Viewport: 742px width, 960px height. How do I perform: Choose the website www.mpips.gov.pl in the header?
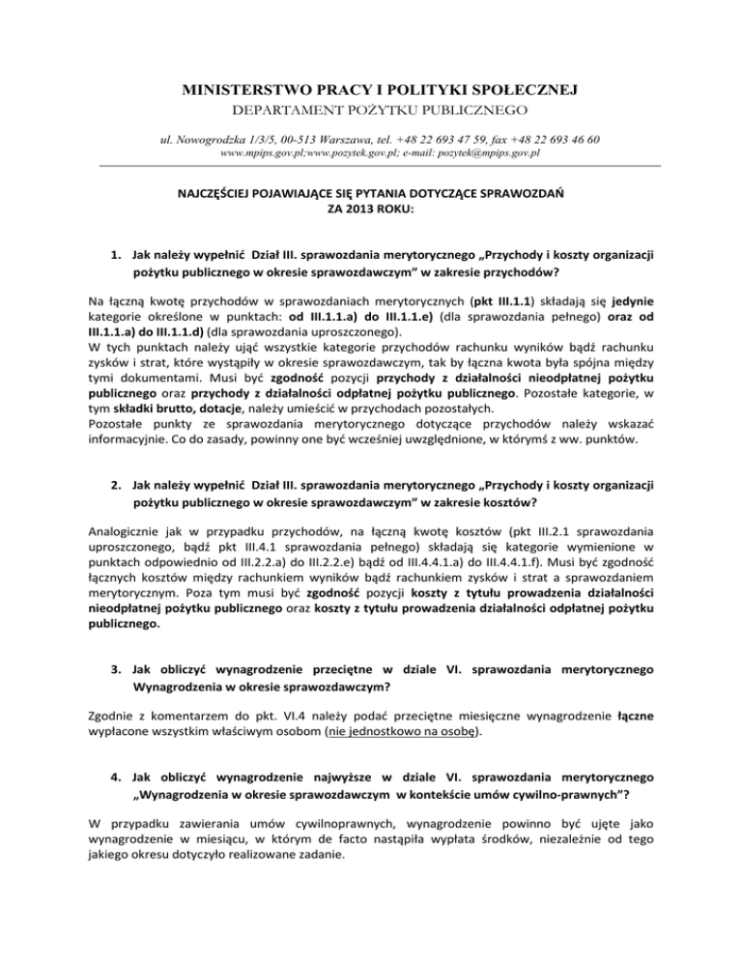(x=259, y=154)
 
